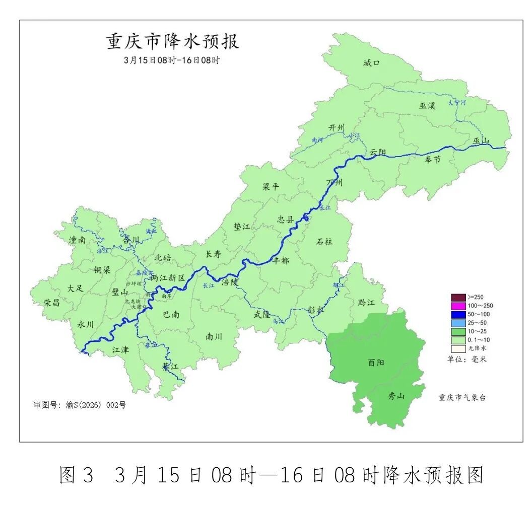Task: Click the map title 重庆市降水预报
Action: (172, 42)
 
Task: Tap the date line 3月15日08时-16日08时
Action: (172, 59)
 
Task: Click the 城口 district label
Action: (371, 63)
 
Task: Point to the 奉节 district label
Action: (432, 159)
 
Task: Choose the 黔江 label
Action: (366, 302)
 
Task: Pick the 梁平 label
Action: (271, 186)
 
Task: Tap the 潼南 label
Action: (77, 240)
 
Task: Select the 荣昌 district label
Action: (51, 303)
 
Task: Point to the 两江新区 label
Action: (169, 278)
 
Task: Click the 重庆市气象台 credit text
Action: (462, 397)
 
